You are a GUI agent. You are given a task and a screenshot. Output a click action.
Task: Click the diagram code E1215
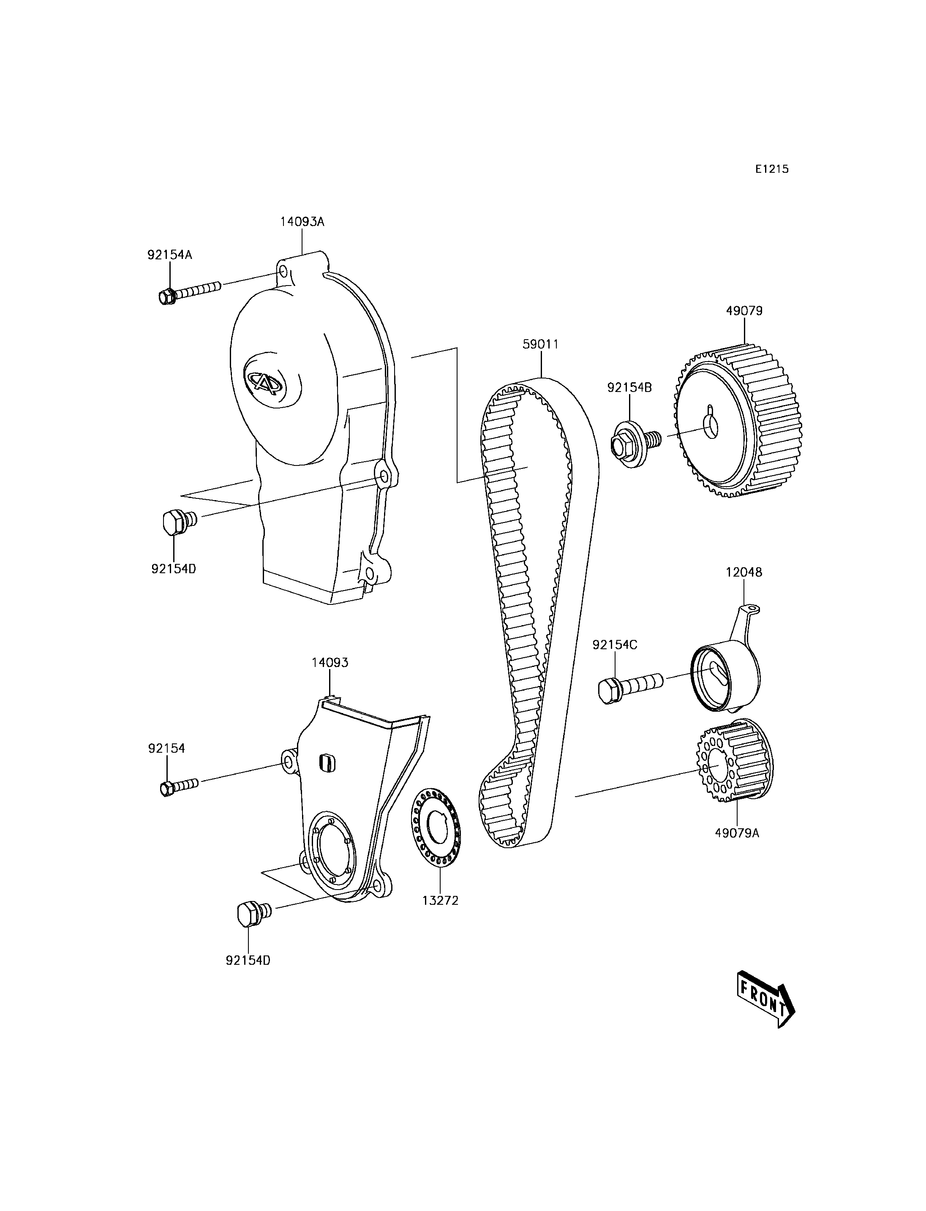point(772,169)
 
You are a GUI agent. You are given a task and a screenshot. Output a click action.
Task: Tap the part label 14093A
point(302,222)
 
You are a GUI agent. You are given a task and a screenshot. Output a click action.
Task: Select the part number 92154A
point(169,255)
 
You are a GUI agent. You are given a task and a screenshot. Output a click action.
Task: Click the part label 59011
point(540,344)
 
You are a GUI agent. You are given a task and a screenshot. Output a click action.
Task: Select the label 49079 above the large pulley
point(744,311)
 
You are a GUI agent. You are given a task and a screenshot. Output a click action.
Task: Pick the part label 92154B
point(629,387)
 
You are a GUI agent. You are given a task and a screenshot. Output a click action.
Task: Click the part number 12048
point(744,572)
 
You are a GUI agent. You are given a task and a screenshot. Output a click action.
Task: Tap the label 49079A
point(736,833)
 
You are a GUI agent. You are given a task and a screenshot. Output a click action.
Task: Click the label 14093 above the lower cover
point(330,663)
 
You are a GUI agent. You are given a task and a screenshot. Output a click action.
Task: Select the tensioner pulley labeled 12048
point(723,675)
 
